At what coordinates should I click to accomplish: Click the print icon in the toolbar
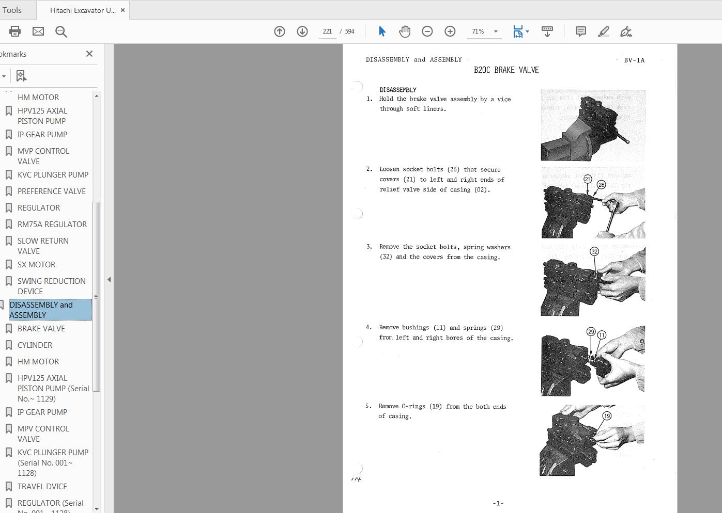(15, 31)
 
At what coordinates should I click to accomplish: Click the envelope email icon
(38, 31)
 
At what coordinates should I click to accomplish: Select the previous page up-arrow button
(280, 31)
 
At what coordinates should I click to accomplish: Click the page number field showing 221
(327, 31)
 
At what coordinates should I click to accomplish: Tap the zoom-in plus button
(450, 31)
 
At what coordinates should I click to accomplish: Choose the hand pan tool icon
(405, 31)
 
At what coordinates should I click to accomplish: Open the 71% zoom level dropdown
(496, 31)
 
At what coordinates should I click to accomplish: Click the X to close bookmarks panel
(89, 54)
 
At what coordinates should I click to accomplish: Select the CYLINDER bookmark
(35, 345)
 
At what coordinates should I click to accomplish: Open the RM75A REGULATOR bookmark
(52, 224)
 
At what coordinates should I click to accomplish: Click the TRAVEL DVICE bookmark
(42, 486)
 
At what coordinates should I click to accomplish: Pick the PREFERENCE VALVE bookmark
(52, 191)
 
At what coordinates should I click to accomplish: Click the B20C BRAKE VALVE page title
(506, 70)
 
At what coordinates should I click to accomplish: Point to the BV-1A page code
(634, 60)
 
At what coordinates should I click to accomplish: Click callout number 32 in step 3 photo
(594, 252)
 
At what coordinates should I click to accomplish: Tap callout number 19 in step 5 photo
(607, 415)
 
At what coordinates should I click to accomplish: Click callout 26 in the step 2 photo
(601, 185)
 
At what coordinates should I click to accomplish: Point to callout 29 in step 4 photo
(591, 332)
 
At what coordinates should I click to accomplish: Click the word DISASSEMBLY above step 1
(398, 90)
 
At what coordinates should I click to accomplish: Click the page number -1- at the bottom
(498, 503)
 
